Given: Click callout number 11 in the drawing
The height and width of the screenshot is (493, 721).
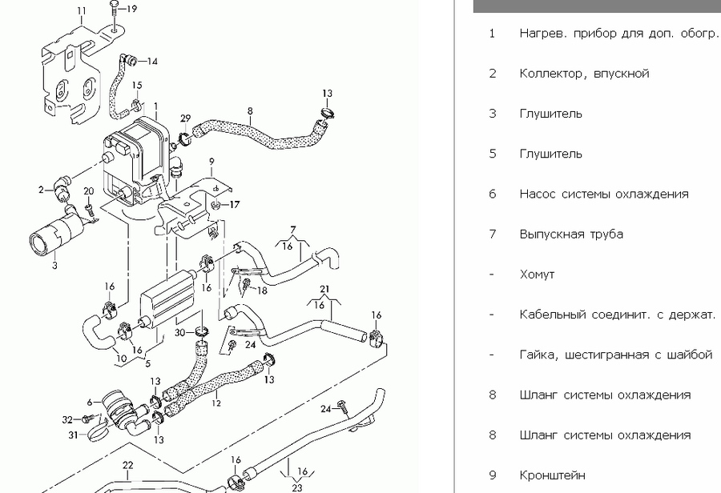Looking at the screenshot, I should (81, 10).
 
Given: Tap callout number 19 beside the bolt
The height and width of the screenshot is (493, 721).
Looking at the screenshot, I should (132, 9).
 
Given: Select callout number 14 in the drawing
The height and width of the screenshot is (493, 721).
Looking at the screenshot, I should (152, 61).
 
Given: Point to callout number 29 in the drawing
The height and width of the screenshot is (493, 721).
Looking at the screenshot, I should (185, 118).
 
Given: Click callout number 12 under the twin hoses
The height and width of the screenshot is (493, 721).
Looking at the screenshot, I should (215, 403).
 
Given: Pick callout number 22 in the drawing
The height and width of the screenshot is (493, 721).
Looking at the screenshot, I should (127, 464).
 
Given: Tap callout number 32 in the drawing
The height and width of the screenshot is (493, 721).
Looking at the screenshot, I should (67, 419).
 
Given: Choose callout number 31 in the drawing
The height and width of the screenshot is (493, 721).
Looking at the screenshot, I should (73, 435).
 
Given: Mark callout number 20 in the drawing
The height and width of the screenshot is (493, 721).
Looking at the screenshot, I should (89, 190).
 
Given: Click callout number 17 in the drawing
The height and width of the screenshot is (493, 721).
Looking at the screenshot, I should (235, 205).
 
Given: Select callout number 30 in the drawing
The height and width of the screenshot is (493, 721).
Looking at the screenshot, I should (180, 333).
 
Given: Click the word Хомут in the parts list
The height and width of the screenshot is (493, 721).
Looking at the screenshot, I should (537, 275).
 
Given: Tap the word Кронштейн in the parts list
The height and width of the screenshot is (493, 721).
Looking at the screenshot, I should (552, 475).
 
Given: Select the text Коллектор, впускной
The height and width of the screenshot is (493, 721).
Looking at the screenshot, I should (584, 74).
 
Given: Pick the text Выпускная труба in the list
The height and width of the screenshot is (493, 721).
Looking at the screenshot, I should (571, 234).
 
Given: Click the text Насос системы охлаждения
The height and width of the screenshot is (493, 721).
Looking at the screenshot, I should (603, 194).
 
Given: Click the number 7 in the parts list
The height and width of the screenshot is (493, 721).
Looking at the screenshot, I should (493, 234).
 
